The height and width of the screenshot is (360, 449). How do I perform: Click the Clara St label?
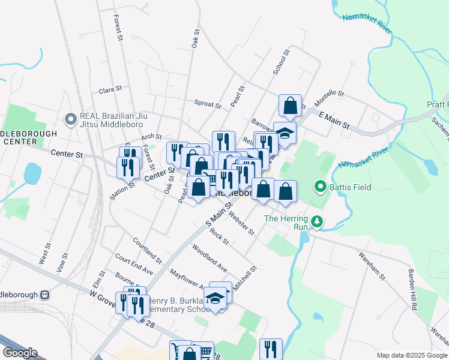pyautogui.click(x=110, y=90)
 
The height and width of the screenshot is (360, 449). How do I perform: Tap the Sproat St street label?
pyautogui.click(x=208, y=103)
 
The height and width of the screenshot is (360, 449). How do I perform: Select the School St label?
pyautogui.click(x=282, y=62)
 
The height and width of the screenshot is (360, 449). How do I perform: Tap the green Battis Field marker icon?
pyautogui.click(x=321, y=188)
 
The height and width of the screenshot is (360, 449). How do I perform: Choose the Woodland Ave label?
pyautogui.click(x=209, y=257)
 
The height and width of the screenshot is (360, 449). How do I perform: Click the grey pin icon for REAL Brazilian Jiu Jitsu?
pyautogui.click(x=71, y=118)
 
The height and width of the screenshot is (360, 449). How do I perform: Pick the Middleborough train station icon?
pyautogui.click(x=45, y=296)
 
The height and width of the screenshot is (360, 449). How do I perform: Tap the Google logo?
pyautogui.click(x=20, y=353)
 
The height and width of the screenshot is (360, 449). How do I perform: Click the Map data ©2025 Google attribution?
pyautogui.click(x=411, y=355)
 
